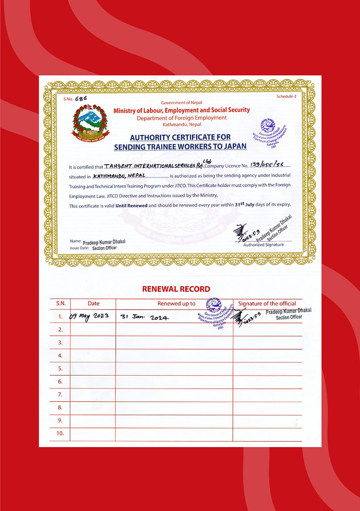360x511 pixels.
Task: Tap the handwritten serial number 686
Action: coord(81,98)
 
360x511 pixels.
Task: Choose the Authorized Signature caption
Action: coord(263,244)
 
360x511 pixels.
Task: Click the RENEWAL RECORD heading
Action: coord(176,289)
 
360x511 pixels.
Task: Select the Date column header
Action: coord(94,304)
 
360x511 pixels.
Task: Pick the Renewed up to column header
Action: coord(176,304)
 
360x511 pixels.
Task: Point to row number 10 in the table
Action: coord(60,434)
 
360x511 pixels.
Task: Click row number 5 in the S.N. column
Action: coord(60,368)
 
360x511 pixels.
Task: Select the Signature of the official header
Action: coord(267,304)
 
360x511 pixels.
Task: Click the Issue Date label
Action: coord(79,247)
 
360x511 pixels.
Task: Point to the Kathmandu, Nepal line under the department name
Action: coord(182,124)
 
